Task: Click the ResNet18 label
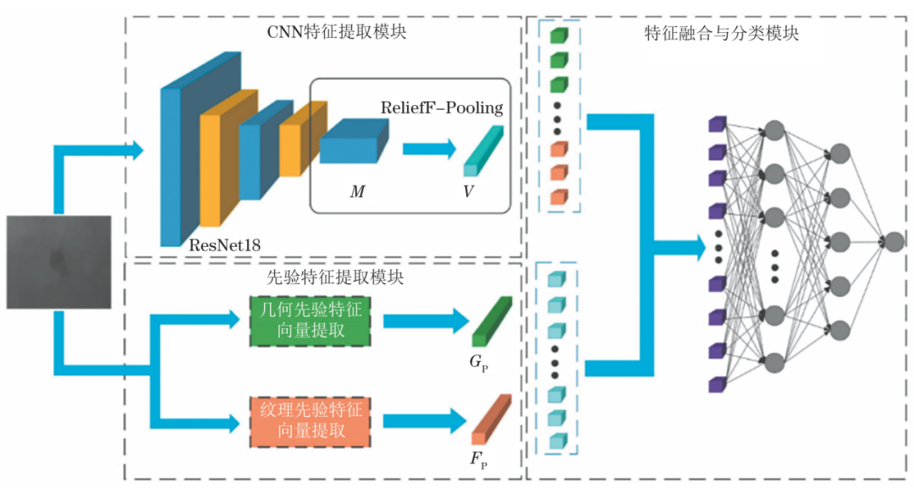224,245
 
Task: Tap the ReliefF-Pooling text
442,107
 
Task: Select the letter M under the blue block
357,192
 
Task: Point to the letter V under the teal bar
468,192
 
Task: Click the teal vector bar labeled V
483,151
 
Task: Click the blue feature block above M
354,141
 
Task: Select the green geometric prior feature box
310,321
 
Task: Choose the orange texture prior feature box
310,422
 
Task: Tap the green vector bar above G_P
492,321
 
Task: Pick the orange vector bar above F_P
492,420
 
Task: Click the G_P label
478,364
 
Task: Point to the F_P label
478,460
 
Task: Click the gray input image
59,262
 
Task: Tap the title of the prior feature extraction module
335,277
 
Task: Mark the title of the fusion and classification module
722,33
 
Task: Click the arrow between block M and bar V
429,149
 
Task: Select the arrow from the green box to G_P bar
426,321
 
